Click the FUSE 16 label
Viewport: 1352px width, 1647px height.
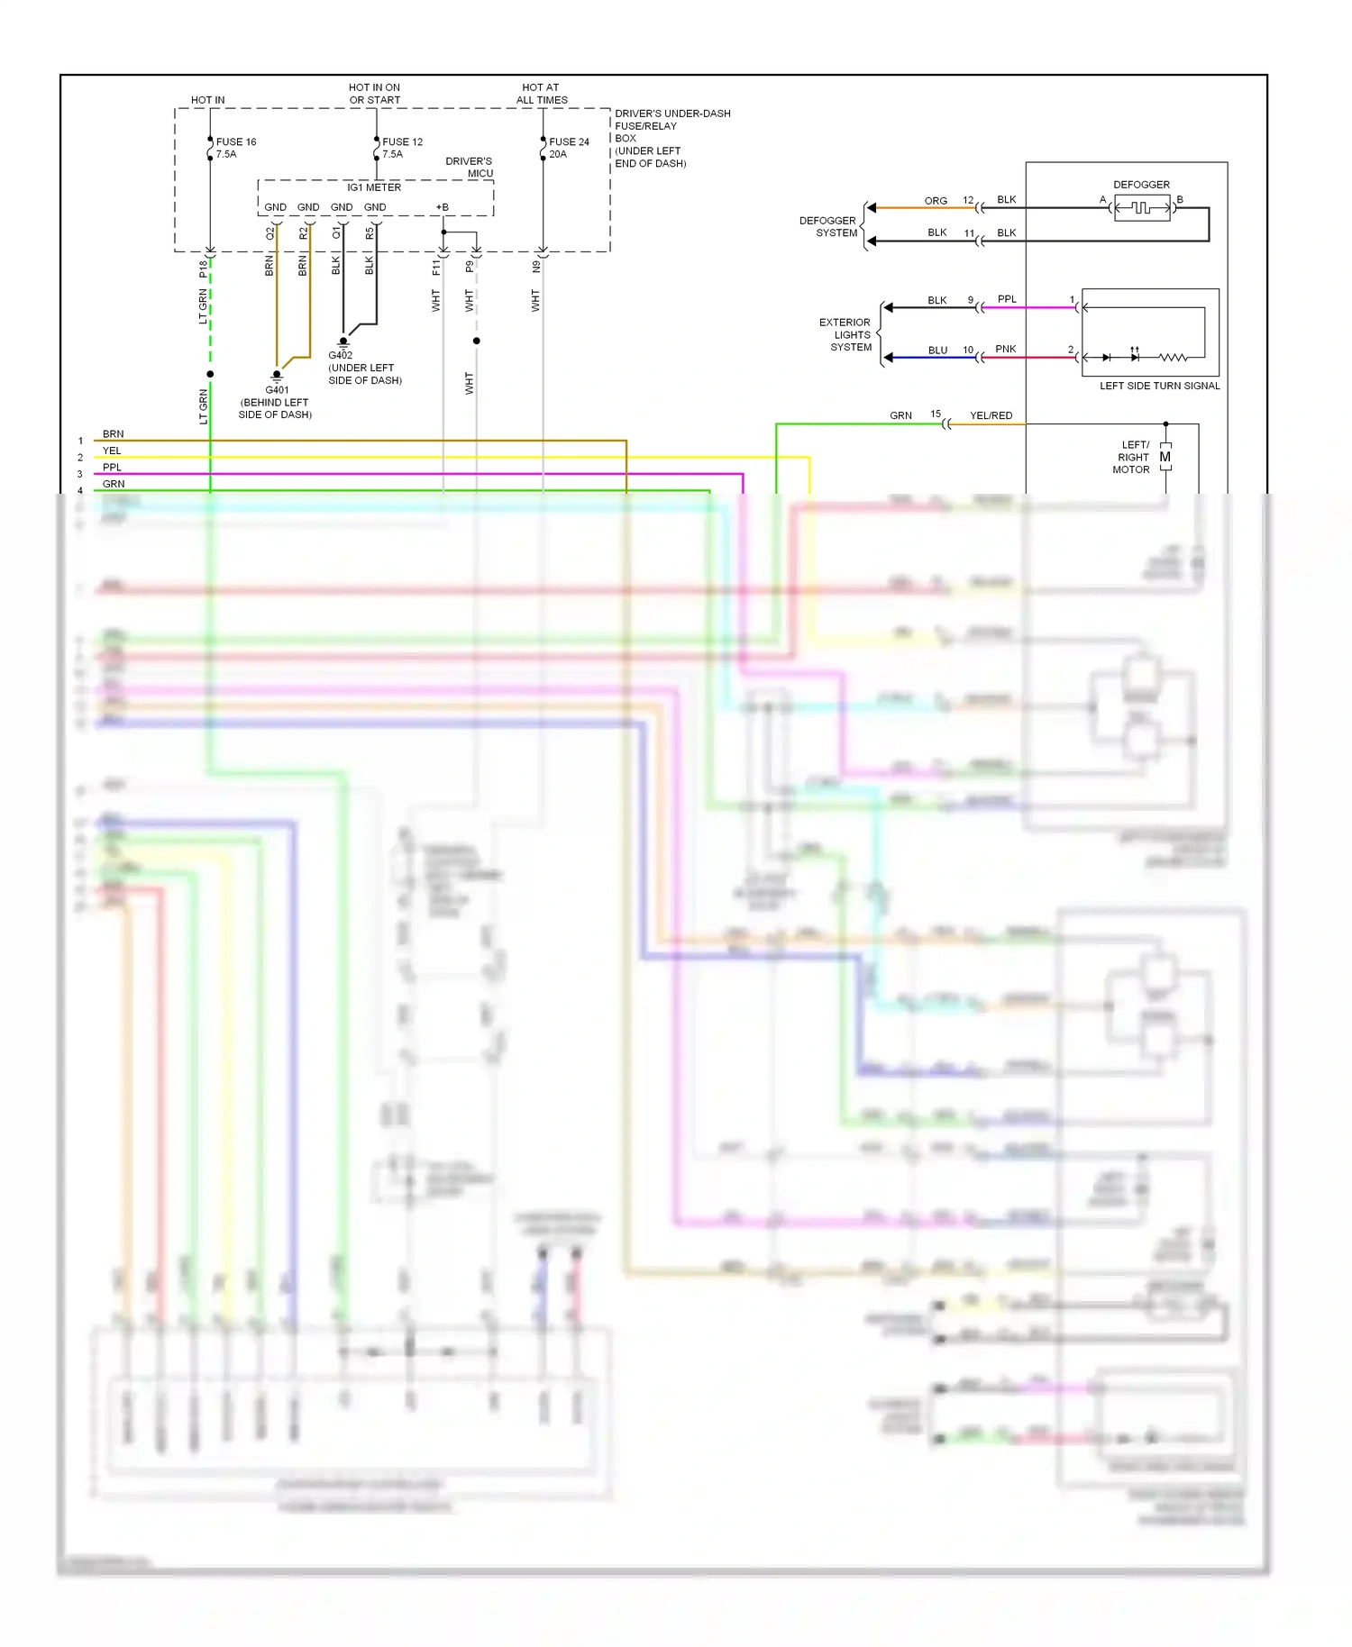[x=236, y=142]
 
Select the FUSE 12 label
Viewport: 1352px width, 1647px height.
[x=402, y=142]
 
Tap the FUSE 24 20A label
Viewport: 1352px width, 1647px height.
[x=568, y=148]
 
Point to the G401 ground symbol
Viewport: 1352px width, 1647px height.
[x=277, y=375]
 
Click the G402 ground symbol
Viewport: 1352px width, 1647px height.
[x=343, y=341]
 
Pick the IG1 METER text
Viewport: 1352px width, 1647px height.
[x=374, y=187]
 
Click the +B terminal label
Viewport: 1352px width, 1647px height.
[x=443, y=207]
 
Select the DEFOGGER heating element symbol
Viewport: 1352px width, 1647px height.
[x=1142, y=208]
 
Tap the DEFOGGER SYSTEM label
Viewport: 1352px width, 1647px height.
[x=827, y=226]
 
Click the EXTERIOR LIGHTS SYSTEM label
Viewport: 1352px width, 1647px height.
[x=845, y=334]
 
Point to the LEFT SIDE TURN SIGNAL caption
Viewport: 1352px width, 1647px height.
[x=1159, y=386]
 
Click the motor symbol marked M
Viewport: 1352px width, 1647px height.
[x=1165, y=457]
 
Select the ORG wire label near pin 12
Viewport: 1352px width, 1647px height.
[x=936, y=201]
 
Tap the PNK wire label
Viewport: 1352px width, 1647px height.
[x=1005, y=349]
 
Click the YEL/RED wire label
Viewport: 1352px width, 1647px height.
[x=991, y=415]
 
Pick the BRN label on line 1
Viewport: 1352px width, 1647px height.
[x=113, y=434]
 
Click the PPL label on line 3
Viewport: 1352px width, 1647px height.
[x=112, y=468]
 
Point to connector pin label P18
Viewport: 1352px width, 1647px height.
[x=204, y=268]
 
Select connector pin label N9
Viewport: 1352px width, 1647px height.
[x=536, y=267]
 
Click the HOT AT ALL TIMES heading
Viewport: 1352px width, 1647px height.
[x=541, y=94]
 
